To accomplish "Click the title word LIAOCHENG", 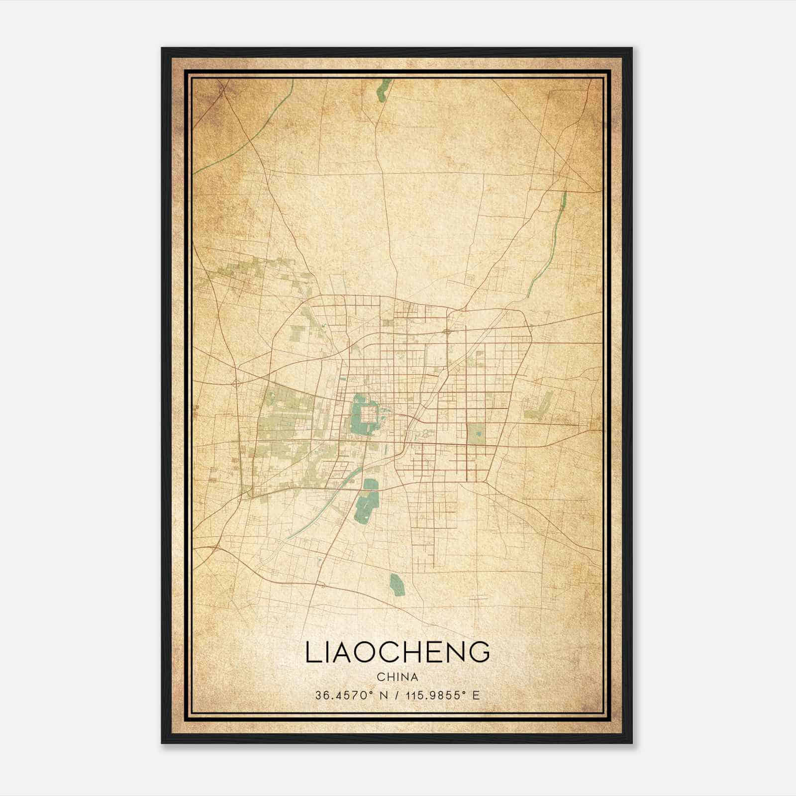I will [398, 652].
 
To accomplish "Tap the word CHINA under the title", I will [397, 677].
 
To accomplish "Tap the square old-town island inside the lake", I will [368, 414].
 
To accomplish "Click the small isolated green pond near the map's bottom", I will [397, 585].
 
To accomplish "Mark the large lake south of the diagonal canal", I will [367, 502].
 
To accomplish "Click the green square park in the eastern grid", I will [477, 433].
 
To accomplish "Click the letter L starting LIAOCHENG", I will [311, 652].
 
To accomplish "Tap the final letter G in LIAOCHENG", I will [479, 652].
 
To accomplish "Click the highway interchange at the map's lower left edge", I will [215, 547].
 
